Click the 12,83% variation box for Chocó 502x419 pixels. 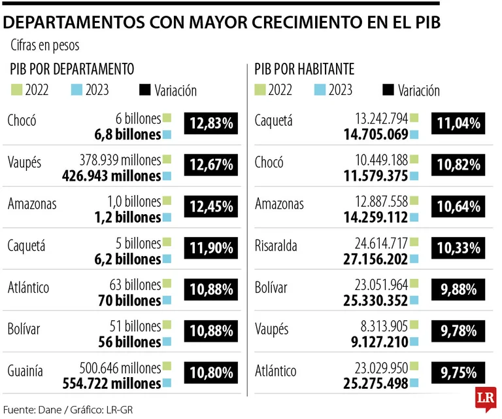tap(210, 122)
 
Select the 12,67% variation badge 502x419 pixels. tap(210, 165)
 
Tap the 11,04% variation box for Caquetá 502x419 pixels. tap(458, 122)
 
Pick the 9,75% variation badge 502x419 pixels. tap(458, 373)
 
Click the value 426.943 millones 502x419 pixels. tap(111, 175)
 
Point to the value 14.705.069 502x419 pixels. tap(373, 134)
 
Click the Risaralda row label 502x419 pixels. tap(276, 246)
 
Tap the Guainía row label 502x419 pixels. tap(25, 371)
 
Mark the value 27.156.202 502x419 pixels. tap(373, 259)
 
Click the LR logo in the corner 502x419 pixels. tap(486, 399)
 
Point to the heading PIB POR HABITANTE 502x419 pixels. tap(305, 69)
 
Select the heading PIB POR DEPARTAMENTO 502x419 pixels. tap(72, 69)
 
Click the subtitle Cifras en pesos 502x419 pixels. tap(45, 46)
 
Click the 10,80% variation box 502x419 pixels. tap(210, 373)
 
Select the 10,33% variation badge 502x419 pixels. tap(458, 248)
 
